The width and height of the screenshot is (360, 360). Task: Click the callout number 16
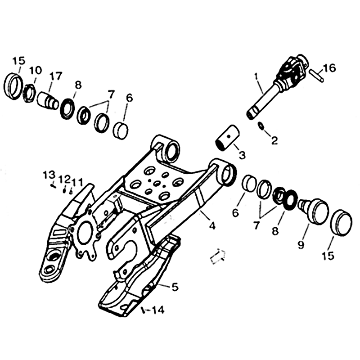coord(329,68)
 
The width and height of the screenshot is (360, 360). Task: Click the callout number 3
coord(242,155)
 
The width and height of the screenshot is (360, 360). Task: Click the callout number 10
coord(36,70)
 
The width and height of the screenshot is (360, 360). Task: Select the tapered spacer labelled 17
coord(48,100)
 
